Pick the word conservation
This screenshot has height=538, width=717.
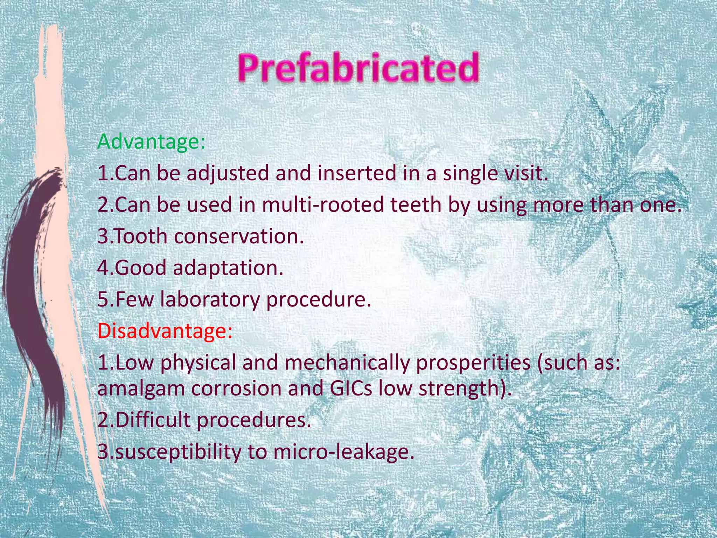pyautogui.click(x=238, y=236)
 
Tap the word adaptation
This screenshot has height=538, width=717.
pyautogui.click(x=228, y=268)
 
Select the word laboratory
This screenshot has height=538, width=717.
pyautogui.click(x=209, y=299)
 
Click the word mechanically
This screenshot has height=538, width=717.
pyautogui.click(x=346, y=363)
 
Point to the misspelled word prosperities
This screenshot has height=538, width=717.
pyautogui.click(x=473, y=363)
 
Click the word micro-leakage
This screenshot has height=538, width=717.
pyautogui.click(x=341, y=452)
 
